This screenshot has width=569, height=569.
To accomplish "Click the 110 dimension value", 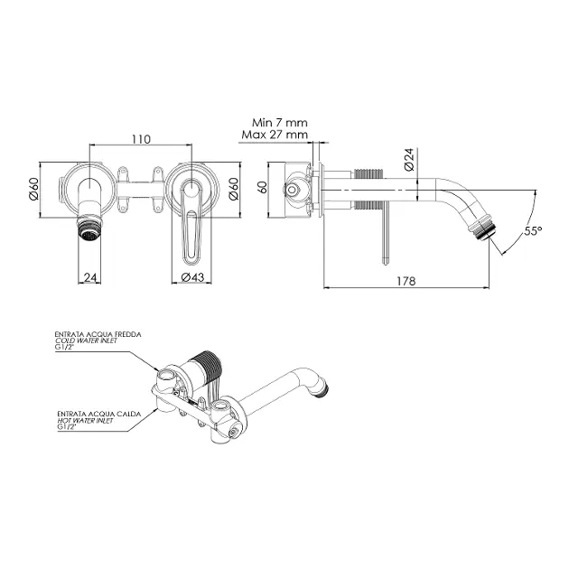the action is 141,139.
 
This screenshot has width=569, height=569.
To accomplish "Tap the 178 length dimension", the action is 406,281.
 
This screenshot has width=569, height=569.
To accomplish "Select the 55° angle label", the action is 533,231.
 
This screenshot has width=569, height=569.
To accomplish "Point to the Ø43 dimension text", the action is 192,277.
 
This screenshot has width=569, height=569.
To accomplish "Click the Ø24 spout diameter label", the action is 409,160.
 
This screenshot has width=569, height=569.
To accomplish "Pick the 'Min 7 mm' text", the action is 280,122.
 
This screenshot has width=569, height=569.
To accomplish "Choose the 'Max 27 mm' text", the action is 275,135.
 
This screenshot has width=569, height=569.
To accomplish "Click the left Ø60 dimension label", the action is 33,189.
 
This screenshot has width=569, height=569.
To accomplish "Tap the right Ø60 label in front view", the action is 234,189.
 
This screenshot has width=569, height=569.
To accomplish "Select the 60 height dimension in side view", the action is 262,187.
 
